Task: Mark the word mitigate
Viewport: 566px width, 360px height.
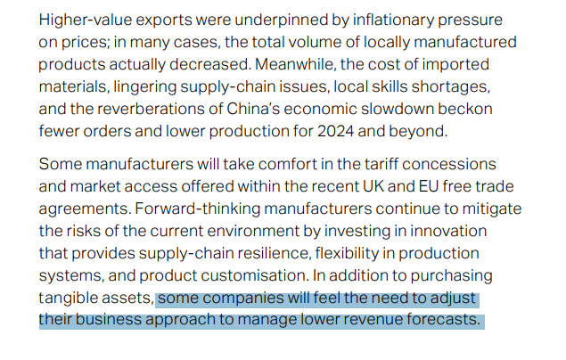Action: [488, 209]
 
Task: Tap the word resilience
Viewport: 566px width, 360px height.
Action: [259, 254]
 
